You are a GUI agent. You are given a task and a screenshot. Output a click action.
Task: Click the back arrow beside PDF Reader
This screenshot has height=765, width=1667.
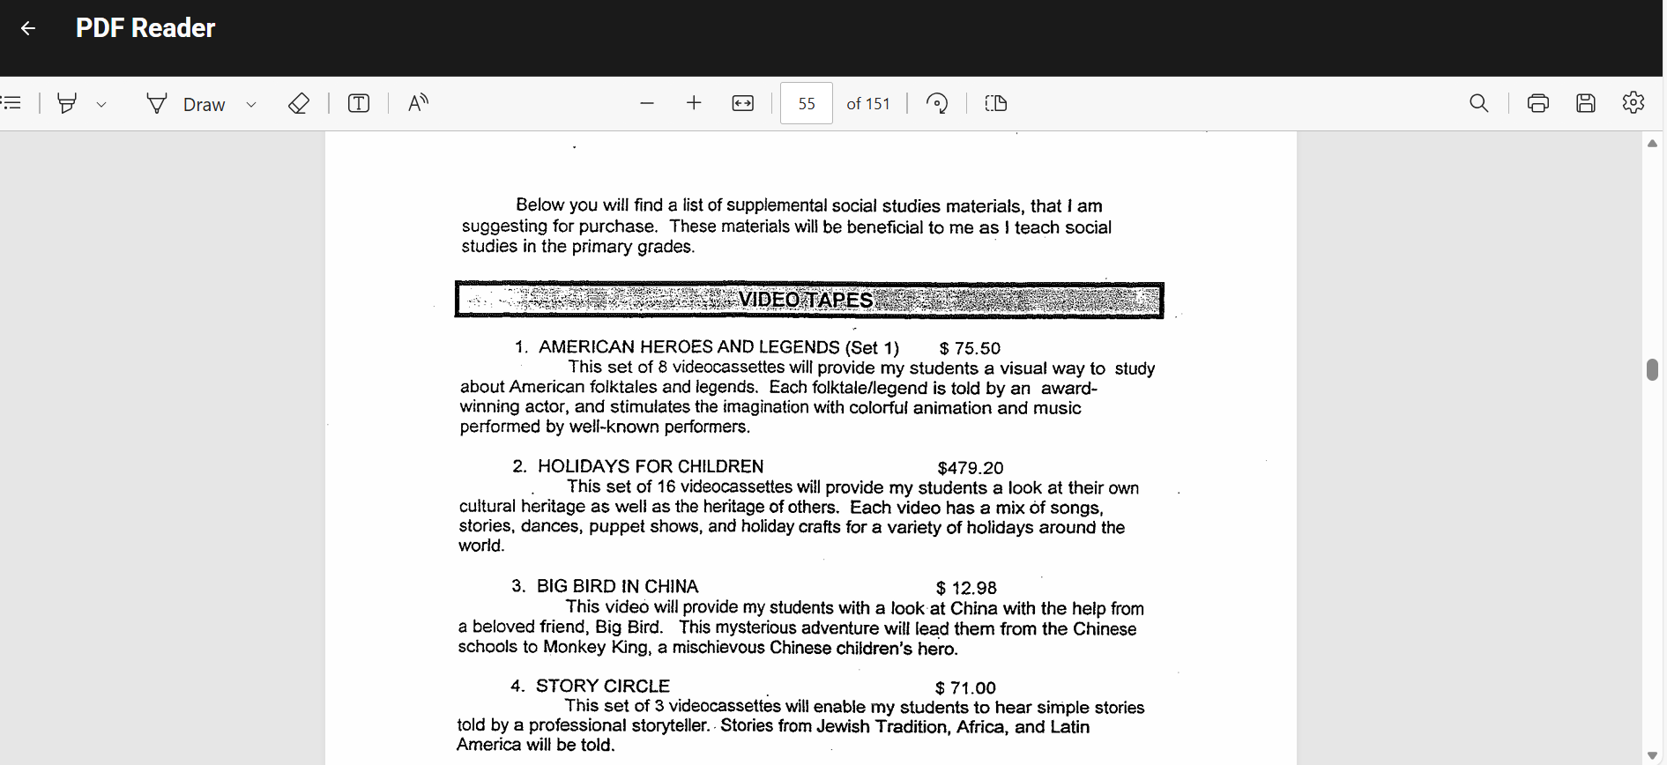tap(28, 28)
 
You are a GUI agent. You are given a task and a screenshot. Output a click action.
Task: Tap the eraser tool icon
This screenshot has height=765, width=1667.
tap(299, 104)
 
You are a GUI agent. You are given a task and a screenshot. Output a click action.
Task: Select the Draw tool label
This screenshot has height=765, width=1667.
tap(204, 105)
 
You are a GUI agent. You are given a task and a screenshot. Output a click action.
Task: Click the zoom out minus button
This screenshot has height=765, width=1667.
tap(647, 104)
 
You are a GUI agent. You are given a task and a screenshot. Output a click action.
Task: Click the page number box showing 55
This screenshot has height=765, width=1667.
tap(806, 104)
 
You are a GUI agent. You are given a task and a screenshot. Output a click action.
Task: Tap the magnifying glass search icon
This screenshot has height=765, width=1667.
tap(1478, 104)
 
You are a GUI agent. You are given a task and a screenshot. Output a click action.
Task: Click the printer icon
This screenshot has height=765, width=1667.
tap(1537, 104)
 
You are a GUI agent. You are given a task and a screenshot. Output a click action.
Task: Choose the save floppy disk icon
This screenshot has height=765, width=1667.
tap(1585, 104)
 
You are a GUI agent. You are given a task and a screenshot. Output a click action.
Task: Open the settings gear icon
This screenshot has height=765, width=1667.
tap(1633, 103)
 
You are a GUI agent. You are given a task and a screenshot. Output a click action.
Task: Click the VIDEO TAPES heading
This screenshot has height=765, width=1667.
tap(806, 300)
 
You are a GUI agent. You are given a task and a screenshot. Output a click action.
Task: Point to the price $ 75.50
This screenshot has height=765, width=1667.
tap(970, 348)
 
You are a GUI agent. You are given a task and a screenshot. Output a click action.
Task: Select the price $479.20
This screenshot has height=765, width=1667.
tap(970, 468)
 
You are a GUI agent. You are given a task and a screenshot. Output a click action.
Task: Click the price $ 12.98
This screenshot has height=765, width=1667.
tap(966, 588)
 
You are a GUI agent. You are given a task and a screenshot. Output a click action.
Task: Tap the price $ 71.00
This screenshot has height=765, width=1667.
tap(965, 687)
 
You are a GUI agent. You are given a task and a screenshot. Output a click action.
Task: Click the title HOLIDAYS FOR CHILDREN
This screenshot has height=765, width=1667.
tap(651, 466)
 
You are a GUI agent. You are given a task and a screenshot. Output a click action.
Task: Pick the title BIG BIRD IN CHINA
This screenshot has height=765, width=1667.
tap(617, 586)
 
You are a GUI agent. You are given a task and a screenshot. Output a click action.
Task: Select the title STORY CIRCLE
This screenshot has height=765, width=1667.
tap(603, 686)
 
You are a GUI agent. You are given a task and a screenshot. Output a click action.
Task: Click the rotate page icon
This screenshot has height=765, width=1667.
tap(937, 104)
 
